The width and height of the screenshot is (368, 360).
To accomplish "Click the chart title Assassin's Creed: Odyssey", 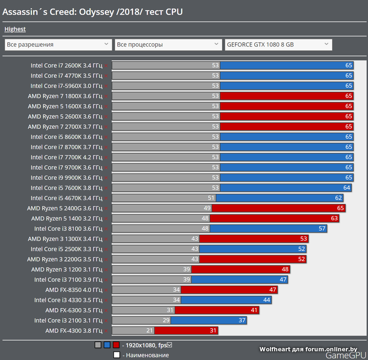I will point(92,11).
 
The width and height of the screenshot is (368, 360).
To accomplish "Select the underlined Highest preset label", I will point(15,29).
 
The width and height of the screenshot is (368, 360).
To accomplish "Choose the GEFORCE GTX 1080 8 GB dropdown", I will point(278,45).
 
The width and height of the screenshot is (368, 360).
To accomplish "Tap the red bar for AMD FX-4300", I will point(186,331).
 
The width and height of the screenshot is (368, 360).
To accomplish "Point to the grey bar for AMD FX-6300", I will point(143,310).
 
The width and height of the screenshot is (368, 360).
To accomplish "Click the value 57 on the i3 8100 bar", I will point(322,229).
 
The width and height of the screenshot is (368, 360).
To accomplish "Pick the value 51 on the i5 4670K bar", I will point(212,198).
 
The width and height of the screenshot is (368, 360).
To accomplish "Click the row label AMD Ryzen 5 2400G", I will point(65,208).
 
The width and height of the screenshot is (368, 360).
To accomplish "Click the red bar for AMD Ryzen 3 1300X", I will point(253,239).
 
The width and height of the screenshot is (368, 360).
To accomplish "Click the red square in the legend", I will point(116,345).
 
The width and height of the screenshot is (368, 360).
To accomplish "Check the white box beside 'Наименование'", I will point(117,355).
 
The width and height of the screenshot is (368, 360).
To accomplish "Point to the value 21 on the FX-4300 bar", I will point(149,331).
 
